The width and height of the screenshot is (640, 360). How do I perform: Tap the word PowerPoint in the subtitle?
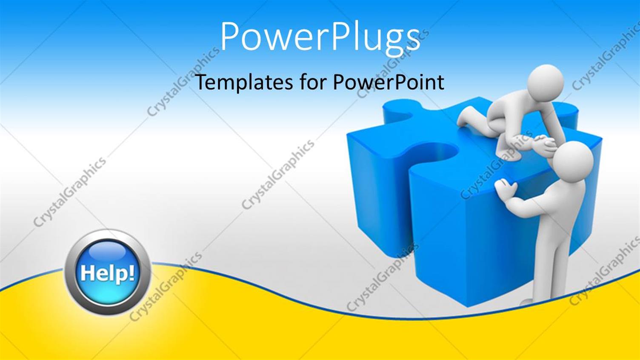[389, 82]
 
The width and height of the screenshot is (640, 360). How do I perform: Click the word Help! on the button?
[107, 273]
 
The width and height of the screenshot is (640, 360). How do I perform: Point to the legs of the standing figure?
[549, 268]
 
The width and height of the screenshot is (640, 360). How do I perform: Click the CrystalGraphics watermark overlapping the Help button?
[166, 286]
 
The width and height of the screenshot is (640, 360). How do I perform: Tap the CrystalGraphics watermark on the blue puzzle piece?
[496, 166]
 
